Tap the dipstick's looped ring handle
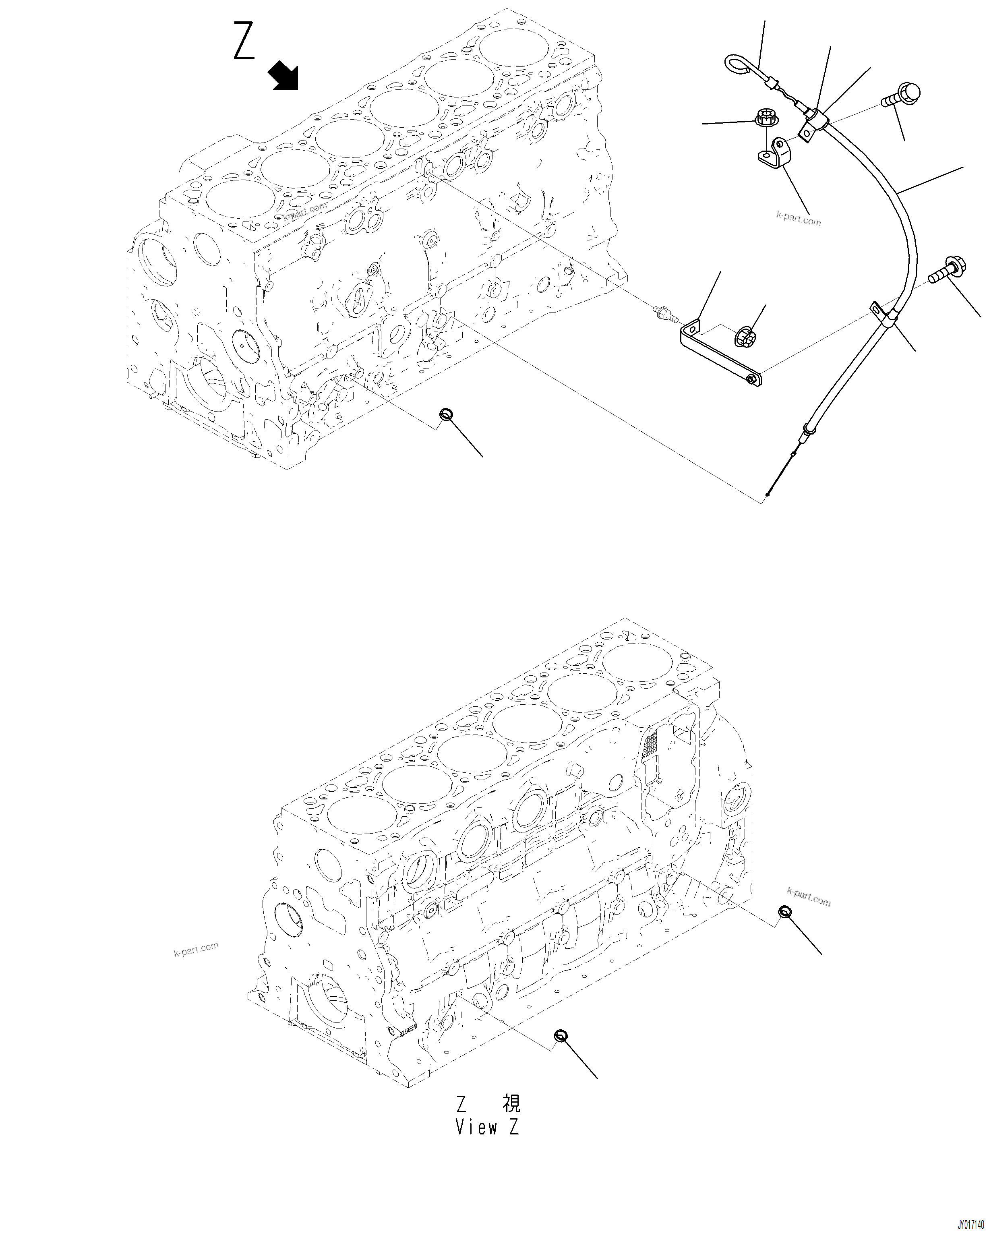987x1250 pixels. coord(739,64)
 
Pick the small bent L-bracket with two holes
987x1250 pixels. coord(773,153)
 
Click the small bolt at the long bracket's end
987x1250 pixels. coord(751,379)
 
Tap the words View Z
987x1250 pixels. coord(487,1127)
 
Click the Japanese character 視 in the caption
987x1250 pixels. coord(511,1103)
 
